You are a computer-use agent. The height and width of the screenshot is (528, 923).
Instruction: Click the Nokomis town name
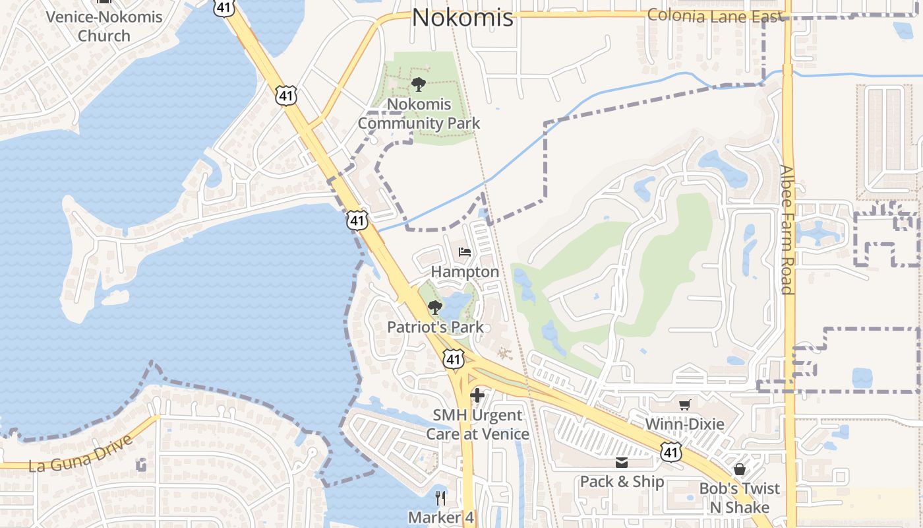point(462,17)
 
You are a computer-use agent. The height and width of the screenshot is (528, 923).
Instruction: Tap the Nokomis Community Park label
point(419,114)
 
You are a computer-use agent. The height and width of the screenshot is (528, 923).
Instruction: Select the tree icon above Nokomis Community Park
point(418,84)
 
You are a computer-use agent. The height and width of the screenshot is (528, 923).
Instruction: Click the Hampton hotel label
point(465,271)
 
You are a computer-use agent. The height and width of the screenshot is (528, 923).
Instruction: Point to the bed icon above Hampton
point(465,252)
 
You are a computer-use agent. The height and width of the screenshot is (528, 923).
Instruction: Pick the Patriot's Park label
point(435,327)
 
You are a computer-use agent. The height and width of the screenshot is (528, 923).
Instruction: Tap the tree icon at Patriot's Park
point(434,308)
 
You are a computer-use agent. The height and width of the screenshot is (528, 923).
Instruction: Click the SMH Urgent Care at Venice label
point(477,424)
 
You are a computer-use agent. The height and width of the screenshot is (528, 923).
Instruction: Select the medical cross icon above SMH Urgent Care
point(477,396)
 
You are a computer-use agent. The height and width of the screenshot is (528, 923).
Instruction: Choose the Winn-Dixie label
point(684,424)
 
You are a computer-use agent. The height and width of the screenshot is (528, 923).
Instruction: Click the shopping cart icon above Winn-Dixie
point(685,405)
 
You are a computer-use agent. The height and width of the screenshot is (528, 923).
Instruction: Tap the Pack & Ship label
point(622,482)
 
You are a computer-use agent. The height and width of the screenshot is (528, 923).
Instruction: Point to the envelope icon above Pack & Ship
point(622,463)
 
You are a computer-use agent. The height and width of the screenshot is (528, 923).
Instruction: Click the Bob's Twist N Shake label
point(740,498)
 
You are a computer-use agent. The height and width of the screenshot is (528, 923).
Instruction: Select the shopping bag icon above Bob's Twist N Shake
point(740,469)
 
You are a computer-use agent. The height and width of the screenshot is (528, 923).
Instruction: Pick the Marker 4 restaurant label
point(440,517)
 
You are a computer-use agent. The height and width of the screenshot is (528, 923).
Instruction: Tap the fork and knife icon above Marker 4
point(440,498)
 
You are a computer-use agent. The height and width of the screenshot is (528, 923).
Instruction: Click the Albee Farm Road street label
point(787,229)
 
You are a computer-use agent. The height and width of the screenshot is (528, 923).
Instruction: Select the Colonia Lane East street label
point(715,16)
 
